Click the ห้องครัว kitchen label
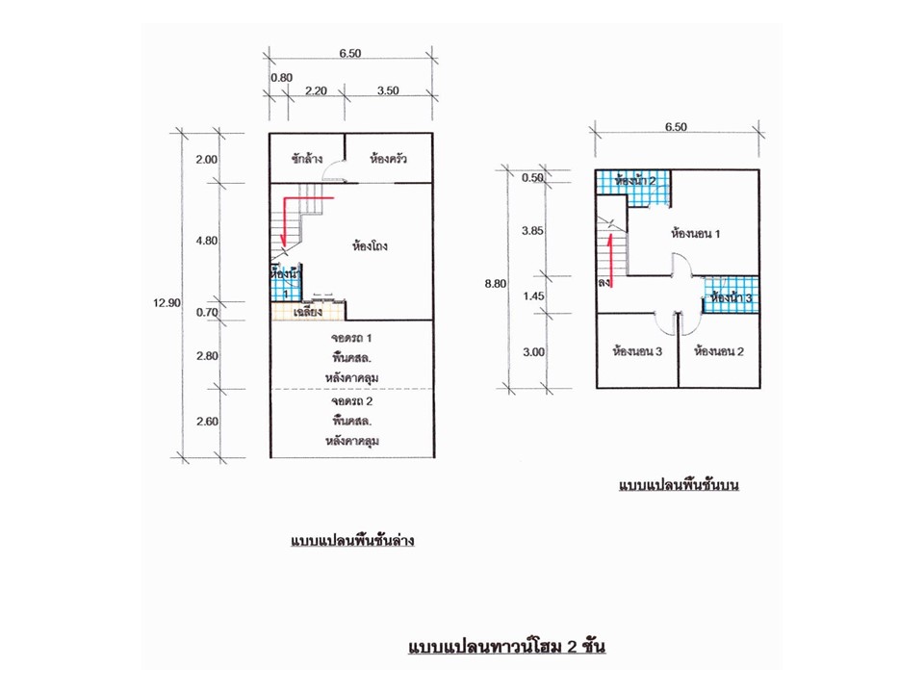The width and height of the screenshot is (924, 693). click(388, 159)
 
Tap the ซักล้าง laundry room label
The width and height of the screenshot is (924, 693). click(307, 159)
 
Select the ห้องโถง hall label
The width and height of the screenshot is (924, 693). click(370, 245)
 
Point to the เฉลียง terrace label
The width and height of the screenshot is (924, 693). click(308, 312)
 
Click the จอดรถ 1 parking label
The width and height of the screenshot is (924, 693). click(351, 338)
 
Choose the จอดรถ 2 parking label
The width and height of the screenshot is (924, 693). click(352, 401)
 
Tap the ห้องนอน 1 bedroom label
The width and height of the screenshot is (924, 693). click(695, 233)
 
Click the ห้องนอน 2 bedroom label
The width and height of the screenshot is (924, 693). click(719, 351)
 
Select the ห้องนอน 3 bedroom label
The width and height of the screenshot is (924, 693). click(637, 351)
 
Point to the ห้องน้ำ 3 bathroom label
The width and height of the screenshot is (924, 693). click(731, 297)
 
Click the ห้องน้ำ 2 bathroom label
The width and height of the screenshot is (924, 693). click(635, 180)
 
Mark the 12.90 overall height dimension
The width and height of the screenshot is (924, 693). click(167, 303)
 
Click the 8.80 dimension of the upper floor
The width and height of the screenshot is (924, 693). click(496, 283)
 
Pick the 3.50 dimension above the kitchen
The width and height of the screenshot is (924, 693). click(388, 90)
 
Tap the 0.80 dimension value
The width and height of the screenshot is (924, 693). click(282, 78)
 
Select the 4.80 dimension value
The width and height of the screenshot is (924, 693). click(207, 241)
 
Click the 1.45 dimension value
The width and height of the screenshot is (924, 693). click(534, 295)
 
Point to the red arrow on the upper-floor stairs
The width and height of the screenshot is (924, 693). click(611, 261)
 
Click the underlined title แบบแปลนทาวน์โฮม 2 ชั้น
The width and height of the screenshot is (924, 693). click(507, 646)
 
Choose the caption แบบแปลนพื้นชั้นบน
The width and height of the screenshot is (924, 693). click(679, 485)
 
